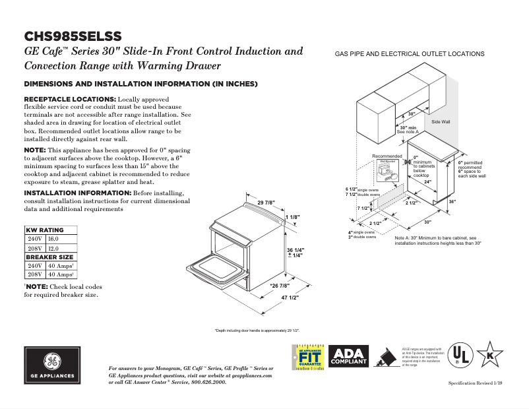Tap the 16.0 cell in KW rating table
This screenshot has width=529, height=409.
pyautogui.click(x=53, y=238)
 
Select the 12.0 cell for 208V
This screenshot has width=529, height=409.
pyautogui.click(x=53, y=247)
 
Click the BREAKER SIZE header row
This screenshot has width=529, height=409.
pyautogui.click(x=49, y=256)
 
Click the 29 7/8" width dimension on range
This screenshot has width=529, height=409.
pyautogui.click(x=266, y=203)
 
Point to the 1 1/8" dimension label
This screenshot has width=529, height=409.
pyautogui.click(x=293, y=216)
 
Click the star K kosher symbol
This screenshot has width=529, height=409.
pyautogui.click(x=490, y=354)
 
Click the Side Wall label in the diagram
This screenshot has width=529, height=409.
pyautogui.click(x=441, y=122)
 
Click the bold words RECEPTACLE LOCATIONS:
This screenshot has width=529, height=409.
pyautogui.click(x=70, y=98)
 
